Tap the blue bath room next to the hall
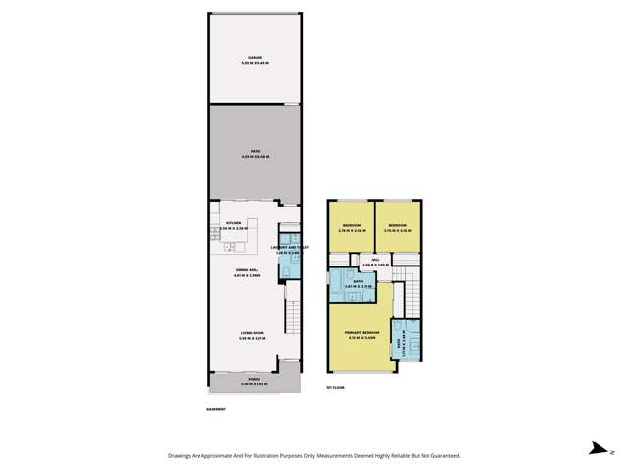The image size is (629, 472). (x=358, y=284)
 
